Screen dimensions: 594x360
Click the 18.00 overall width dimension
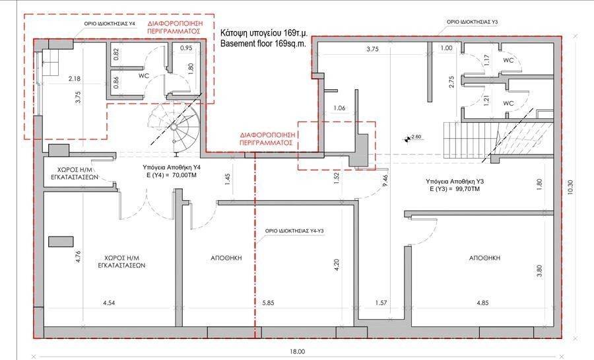298,351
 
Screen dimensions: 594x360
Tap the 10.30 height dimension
571,188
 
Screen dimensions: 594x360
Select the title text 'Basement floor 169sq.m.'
263,43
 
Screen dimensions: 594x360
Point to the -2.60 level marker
413,137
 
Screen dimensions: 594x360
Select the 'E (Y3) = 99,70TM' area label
455,189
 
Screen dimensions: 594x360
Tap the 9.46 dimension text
385,182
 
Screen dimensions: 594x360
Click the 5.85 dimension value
268,303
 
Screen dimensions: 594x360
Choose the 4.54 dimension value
109,303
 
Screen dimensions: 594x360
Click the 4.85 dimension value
482,303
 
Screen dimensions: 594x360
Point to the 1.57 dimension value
381,303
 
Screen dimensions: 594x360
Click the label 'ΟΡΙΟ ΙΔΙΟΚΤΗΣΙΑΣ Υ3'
473,22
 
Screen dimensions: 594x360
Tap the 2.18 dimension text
74,79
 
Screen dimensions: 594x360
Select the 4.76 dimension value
79,257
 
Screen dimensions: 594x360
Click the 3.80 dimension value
539,271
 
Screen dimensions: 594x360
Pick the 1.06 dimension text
339,108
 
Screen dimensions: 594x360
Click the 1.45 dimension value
227,180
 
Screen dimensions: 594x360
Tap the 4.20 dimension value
337,265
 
